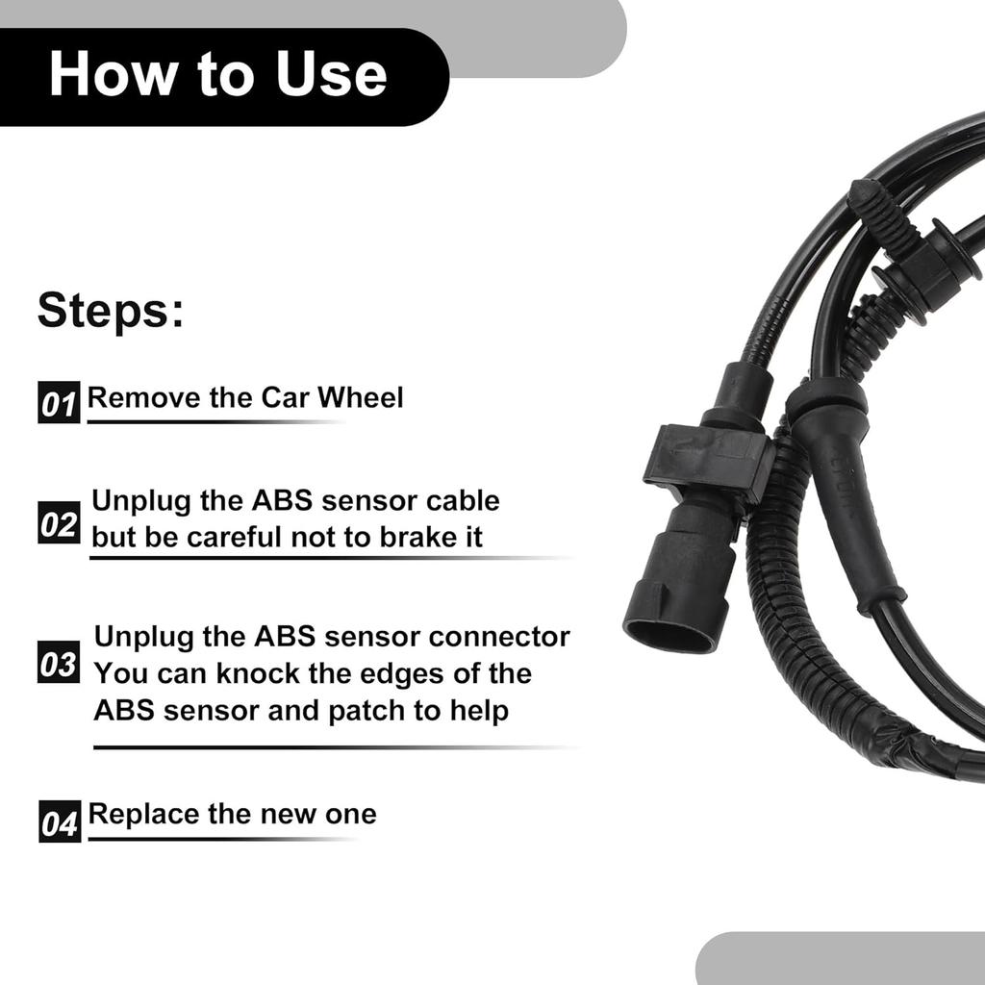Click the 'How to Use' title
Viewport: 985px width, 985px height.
coord(217,76)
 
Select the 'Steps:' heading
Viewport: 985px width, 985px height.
coord(110,312)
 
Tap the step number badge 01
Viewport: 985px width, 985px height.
coord(59,403)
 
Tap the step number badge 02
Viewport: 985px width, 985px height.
coord(59,524)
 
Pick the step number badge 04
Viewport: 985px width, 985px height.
coord(60,822)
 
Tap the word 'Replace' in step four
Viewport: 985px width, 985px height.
coord(143,814)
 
